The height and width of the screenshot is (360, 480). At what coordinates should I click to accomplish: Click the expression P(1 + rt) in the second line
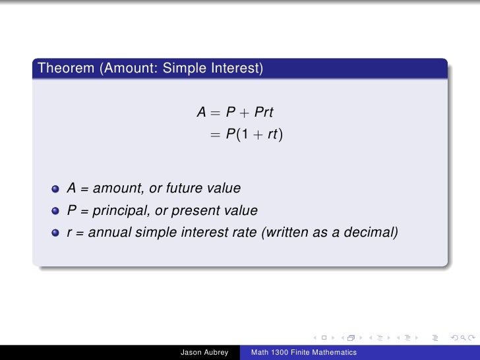click(x=254, y=135)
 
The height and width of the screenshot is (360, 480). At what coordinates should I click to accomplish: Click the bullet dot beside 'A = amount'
click(x=57, y=189)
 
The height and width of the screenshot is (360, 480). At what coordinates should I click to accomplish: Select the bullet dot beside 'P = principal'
click(x=57, y=212)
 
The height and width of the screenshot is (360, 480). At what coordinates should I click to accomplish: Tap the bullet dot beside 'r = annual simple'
click(x=57, y=233)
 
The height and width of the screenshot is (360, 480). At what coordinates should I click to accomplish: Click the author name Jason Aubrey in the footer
click(x=204, y=353)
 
